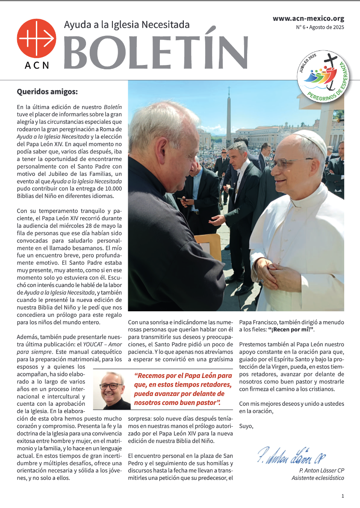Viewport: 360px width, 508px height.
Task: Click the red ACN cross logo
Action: point(36,38)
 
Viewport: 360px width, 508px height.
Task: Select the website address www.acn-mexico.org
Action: point(308,18)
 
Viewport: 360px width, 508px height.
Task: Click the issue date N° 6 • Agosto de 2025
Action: point(320,27)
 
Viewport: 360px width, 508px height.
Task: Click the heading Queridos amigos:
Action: point(47,91)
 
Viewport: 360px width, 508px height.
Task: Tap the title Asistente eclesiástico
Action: point(318,478)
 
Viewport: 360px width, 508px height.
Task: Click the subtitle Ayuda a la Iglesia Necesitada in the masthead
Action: point(127,25)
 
